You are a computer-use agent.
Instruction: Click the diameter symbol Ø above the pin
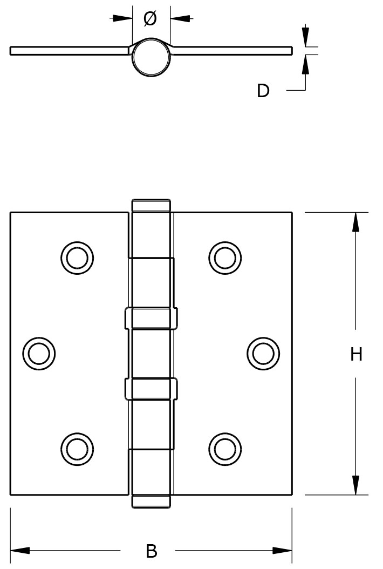coord(151,19)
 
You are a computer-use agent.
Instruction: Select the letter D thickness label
coord(263,91)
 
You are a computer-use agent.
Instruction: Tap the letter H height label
coord(356,355)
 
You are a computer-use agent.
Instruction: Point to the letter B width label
coord(152,551)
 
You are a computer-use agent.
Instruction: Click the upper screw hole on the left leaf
coord(77,257)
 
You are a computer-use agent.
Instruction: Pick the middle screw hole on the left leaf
coord(39,354)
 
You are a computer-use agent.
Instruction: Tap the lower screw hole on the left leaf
coord(77,448)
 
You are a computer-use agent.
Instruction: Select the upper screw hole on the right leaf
coord(225,257)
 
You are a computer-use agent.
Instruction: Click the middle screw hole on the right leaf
coord(263,354)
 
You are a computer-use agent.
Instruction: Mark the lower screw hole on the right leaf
coord(225,448)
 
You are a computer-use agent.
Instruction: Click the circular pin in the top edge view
coord(151,57)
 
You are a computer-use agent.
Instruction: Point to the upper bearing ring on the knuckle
coord(151,318)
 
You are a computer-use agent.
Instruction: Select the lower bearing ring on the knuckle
coord(151,389)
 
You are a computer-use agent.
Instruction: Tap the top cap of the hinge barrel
coord(151,206)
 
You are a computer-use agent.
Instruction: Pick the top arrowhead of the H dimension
coord(355,222)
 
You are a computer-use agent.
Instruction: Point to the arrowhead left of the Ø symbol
coord(124,18)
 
